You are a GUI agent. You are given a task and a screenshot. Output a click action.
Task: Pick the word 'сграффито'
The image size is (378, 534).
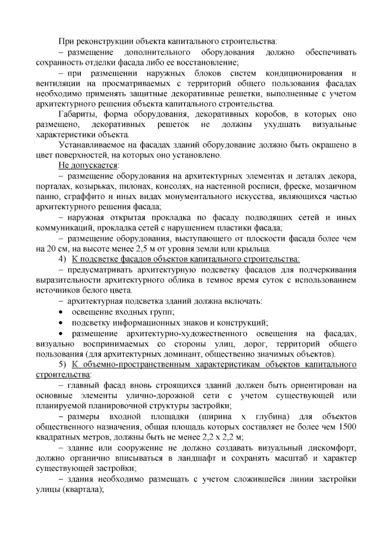tap(83, 197)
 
